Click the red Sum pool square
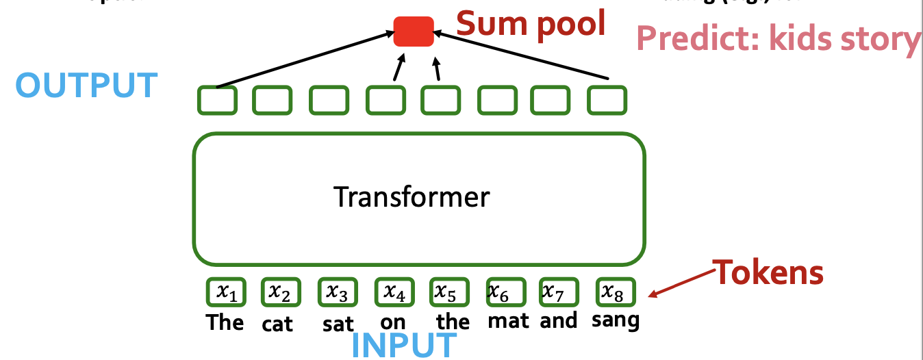pyautogui.click(x=414, y=31)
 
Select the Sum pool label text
pyautogui.click(x=531, y=23)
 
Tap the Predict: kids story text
pyautogui.click(x=779, y=40)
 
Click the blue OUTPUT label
pyautogui.click(x=86, y=85)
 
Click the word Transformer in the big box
pyautogui.click(x=412, y=197)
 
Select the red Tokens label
pyautogui.click(x=769, y=272)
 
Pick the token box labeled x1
pyautogui.click(x=226, y=292)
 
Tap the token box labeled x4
pyautogui.click(x=394, y=292)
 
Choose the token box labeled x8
pyautogui.click(x=615, y=292)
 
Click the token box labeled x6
pyautogui.click(x=505, y=292)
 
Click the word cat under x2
pyautogui.click(x=277, y=324)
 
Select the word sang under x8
pyautogui.click(x=615, y=320)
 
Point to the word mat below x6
pyautogui.click(x=508, y=320)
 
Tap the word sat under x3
pyautogui.click(x=338, y=323)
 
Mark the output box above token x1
pyautogui.click(x=218, y=100)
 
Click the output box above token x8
pyautogui.click(x=607, y=100)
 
